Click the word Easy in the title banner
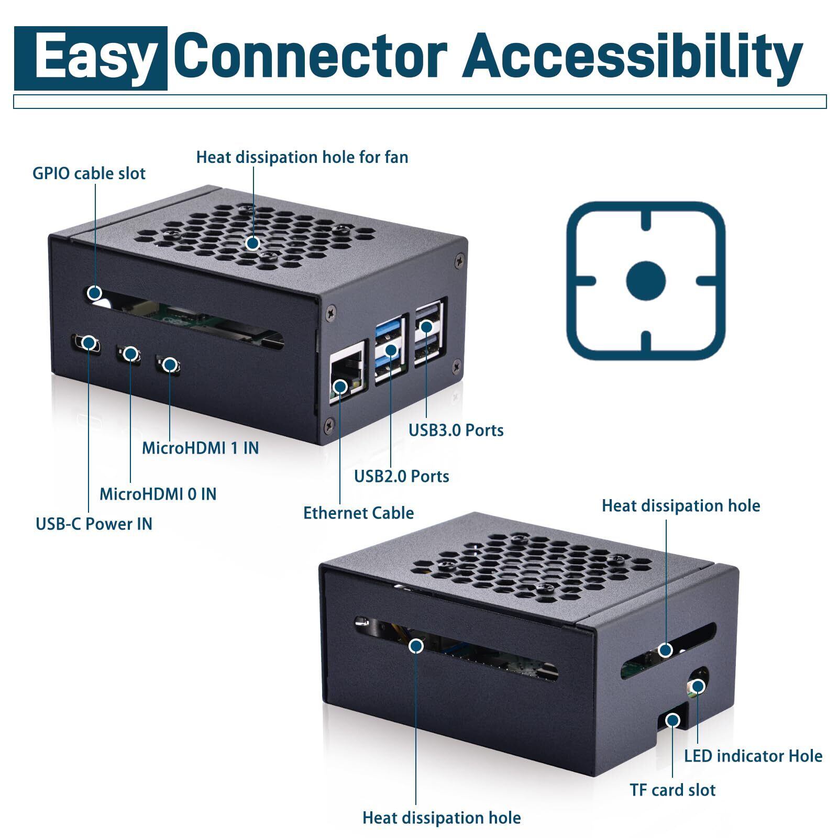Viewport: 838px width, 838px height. click(x=97, y=59)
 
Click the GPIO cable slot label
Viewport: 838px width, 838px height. click(x=89, y=173)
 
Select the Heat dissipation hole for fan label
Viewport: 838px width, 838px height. click(x=302, y=157)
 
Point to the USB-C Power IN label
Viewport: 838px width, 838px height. click(x=94, y=524)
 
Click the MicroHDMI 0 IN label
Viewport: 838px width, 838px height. click(x=158, y=494)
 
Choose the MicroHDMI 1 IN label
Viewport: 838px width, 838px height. click(x=200, y=448)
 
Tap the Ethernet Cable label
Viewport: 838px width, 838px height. click(x=358, y=513)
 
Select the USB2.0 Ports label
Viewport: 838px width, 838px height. click(x=401, y=476)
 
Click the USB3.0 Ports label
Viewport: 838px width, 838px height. click(x=456, y=431)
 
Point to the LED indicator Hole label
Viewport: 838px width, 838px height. click(x=753, y=756)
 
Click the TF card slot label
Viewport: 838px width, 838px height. click(x=672, y=790)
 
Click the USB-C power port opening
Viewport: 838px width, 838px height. click(x=86, y=343)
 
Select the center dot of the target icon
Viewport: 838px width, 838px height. click(x=646, y=280)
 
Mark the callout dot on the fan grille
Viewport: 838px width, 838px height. click(x=253, y=243)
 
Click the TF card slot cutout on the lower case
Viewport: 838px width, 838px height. click(x=672, y=721)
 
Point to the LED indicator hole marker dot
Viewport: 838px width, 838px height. click(x=698, y=686)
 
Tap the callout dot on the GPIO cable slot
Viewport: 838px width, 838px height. click(x=95, y=292)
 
